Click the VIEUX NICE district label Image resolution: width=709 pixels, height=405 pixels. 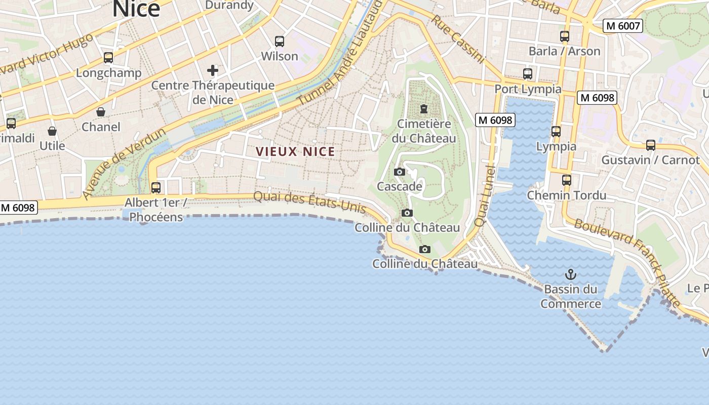(295, 151)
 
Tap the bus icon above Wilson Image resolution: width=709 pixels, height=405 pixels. (279, 42)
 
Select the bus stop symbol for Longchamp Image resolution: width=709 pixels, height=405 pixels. (108, 58)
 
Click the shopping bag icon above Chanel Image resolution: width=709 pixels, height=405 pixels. (101, 112)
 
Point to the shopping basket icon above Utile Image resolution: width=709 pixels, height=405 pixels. (52, 131)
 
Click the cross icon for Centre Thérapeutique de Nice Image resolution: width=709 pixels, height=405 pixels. (213, 70)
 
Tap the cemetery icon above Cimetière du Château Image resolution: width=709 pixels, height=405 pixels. (423, 109)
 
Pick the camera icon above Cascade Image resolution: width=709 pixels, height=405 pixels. (400, 172)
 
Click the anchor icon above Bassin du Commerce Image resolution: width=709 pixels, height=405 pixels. (571, 275)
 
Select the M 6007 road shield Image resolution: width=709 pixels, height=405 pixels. (622, 26)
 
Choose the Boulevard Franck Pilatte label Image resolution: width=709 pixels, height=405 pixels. (627, 262)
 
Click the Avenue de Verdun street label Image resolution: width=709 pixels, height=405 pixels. (124, 163)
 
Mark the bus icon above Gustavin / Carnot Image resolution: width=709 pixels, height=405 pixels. (651, 145)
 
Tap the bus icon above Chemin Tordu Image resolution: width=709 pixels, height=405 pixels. (567, 180)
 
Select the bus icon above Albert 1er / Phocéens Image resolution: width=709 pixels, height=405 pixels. (156, 188)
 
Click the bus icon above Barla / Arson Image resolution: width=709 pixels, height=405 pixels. (565, 36)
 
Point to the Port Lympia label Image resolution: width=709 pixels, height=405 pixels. (528, 89)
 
